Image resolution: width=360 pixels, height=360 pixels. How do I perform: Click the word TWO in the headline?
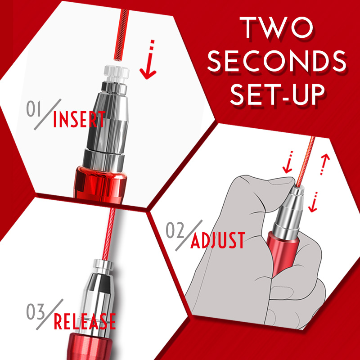277,27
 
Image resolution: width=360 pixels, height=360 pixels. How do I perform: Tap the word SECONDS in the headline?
277,61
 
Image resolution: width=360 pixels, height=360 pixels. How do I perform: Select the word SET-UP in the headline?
278,94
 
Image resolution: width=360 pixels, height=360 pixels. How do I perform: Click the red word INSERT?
79,119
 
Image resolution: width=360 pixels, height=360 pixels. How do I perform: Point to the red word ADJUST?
218,240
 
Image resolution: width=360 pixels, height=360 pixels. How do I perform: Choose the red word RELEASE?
85,321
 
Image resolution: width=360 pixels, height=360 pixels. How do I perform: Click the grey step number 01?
34,108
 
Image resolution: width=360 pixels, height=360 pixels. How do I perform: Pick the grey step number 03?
36,311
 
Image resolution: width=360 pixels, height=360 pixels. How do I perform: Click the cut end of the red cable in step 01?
118,60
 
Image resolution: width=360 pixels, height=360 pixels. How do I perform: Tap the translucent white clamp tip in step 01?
117,73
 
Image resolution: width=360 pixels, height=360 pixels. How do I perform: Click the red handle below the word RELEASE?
89,346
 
